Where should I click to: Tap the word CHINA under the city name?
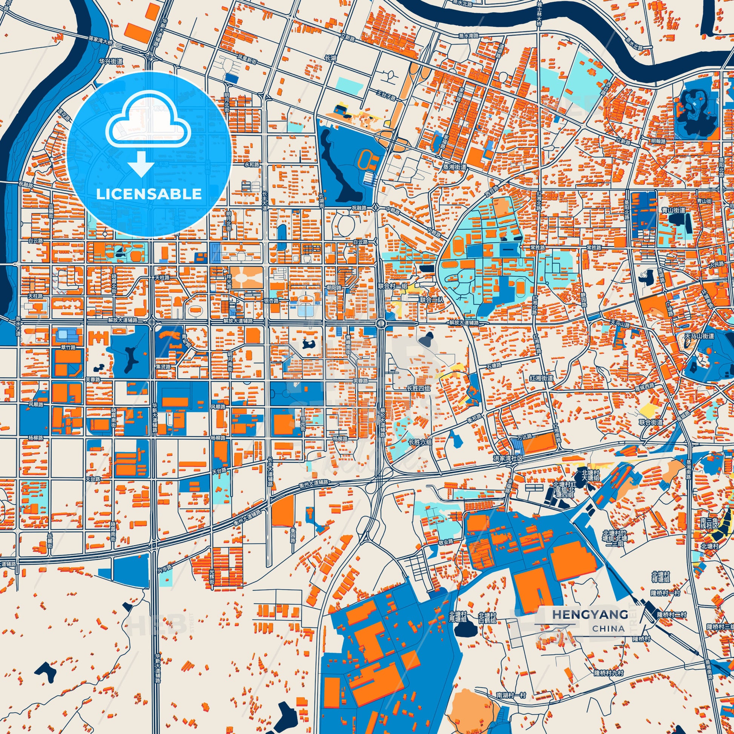pos(608,628)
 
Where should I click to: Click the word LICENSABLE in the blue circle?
pos(149,194)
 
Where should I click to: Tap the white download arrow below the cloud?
pos(141,164)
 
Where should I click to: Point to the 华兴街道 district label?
pos(111,61)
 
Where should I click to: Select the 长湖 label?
pos(330,58)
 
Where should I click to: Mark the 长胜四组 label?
pos(419,388)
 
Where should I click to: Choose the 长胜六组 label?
pos(420,442)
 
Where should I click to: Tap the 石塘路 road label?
pos(494,365)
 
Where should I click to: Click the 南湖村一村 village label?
pos(511,695)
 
